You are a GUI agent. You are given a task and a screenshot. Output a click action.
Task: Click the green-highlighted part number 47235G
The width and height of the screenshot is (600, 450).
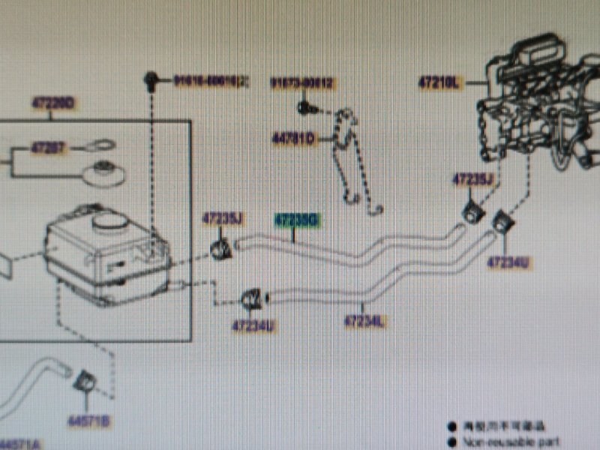click(x=297, y=220)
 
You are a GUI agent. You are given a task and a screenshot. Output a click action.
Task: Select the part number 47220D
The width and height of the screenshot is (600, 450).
click(x=52, y=103)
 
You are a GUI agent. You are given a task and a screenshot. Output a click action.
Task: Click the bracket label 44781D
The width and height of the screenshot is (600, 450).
click(x=294, y=138)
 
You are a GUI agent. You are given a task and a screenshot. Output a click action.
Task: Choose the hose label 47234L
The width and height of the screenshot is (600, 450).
click(x=364, y=322)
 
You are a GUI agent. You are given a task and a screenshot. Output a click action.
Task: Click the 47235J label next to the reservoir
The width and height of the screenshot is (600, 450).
click(x=223, y=218)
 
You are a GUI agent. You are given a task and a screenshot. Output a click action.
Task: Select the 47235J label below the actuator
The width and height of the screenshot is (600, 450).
click(x=472, y=179)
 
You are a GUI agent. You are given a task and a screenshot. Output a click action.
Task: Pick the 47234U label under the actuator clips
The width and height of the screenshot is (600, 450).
click(x=508, y=262)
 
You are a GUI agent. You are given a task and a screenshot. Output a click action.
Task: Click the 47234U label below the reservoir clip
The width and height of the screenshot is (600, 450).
click(x=253, y=326)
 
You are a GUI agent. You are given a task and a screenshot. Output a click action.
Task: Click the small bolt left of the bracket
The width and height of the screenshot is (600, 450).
click(x=304, y=107)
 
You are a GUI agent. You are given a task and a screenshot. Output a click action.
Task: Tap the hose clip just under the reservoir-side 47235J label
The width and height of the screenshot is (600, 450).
click(x=221, y=248)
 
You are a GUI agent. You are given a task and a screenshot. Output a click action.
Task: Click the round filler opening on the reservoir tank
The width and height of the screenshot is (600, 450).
click(x=109, y=220)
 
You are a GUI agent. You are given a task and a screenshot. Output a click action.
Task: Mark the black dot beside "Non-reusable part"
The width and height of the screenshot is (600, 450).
click(x=452, y=442)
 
